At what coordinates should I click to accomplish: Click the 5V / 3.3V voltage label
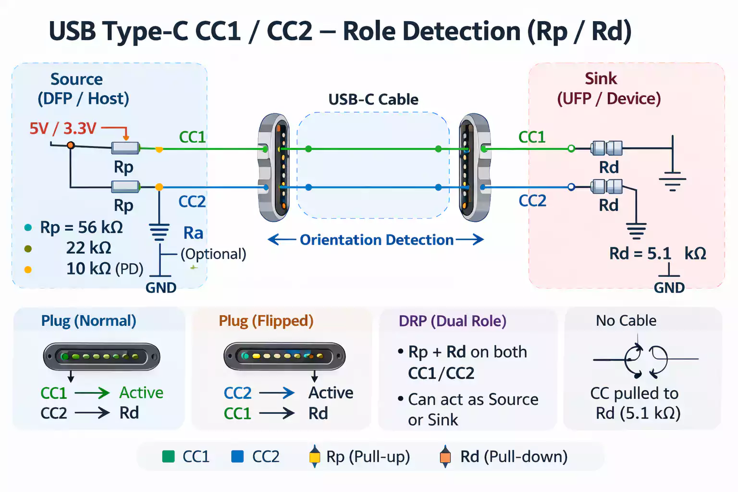point(63,128)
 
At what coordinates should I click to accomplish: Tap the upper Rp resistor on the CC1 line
point(125,148)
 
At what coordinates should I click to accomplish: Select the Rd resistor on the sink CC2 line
point(606,186)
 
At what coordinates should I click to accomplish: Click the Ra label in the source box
point(193,233)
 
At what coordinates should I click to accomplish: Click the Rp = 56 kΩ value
point(81,227)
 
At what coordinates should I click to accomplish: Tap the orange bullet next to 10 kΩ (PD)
point(28,270)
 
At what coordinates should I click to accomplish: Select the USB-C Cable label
point(373,99)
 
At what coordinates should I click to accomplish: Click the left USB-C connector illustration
point(274,167)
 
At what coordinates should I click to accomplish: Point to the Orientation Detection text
point(376,240)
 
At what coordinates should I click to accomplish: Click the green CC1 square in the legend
point(169,456)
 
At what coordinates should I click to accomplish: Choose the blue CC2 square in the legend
point(237,456)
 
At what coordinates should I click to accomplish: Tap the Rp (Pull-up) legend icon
point(314,456)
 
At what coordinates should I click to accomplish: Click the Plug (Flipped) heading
point(266,320)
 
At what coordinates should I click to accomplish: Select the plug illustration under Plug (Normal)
point(101,357)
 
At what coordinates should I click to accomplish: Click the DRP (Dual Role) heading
point(452,321)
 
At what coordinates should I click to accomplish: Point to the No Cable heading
point(626,320)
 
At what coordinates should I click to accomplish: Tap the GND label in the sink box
point(669,288)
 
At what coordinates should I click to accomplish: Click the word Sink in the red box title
point(601,78)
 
